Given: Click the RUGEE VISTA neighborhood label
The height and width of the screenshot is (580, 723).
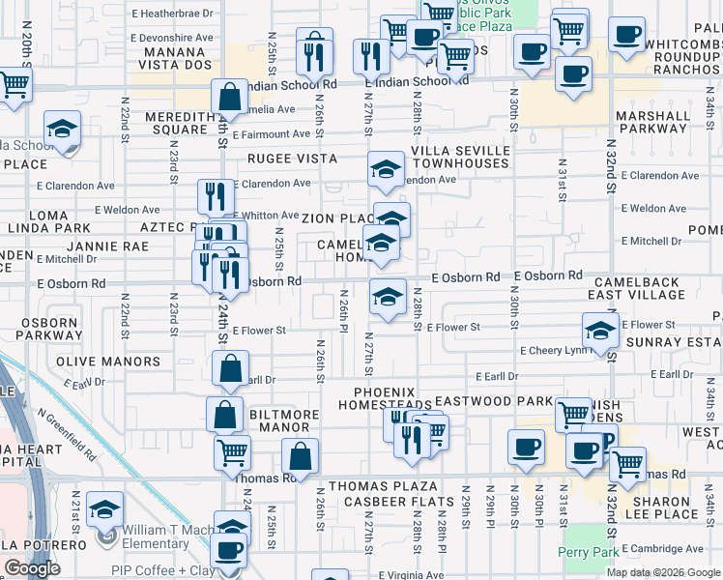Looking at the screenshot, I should coord(291,159).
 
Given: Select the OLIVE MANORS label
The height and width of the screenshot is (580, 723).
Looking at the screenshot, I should coord(122,362).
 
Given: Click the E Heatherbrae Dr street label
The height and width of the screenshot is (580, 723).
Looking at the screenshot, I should coord(172,14).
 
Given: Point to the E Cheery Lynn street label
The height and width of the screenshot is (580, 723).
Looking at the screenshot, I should coord(553,351).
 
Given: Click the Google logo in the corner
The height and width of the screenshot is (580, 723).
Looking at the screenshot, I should coord(32,568).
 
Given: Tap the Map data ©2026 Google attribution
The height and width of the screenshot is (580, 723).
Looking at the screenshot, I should coord(661,572).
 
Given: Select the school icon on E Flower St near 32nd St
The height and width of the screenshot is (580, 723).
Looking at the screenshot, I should coord(600,331).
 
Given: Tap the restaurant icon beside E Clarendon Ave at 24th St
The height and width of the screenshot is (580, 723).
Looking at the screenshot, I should coord(216,196).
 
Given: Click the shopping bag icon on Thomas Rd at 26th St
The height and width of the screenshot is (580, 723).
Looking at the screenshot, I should coord(300,456).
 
